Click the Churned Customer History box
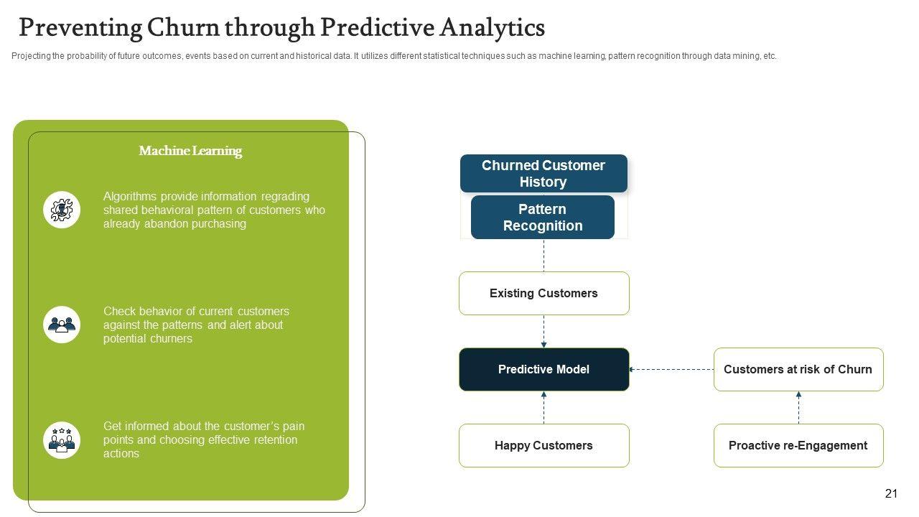point(544,173)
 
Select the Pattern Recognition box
point(543,217)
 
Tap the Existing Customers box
point(544,293)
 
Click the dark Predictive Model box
point(544,369)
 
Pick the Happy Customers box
point(544,445)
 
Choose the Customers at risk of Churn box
point(798,369)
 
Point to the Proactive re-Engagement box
point(798,445)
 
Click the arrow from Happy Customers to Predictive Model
point(544,407)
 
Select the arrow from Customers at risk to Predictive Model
point(671,369)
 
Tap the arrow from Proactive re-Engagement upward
point(798,407)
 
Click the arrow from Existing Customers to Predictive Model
point(544,331)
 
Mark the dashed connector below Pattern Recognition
point(544,255)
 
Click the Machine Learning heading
point(190,151)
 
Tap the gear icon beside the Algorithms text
point(62,210)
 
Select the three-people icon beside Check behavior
point(62,325)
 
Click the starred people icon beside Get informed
point(62,439)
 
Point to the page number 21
point(891,493)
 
